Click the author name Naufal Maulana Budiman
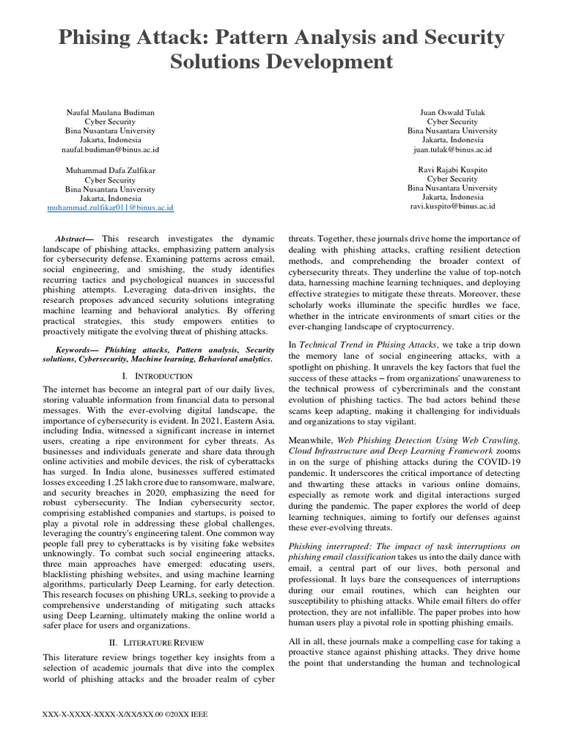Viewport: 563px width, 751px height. click(110, 113)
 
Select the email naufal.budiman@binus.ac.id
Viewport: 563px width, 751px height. click(110, 149)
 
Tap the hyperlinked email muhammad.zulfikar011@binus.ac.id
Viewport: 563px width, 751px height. click(110, 208)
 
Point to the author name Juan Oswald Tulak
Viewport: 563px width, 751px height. click(452, 113)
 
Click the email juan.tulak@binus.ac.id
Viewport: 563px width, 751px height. click(452, 149)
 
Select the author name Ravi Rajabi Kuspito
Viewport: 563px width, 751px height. click(452, 169)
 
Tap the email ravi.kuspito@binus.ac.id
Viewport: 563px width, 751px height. click(452, 206)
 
